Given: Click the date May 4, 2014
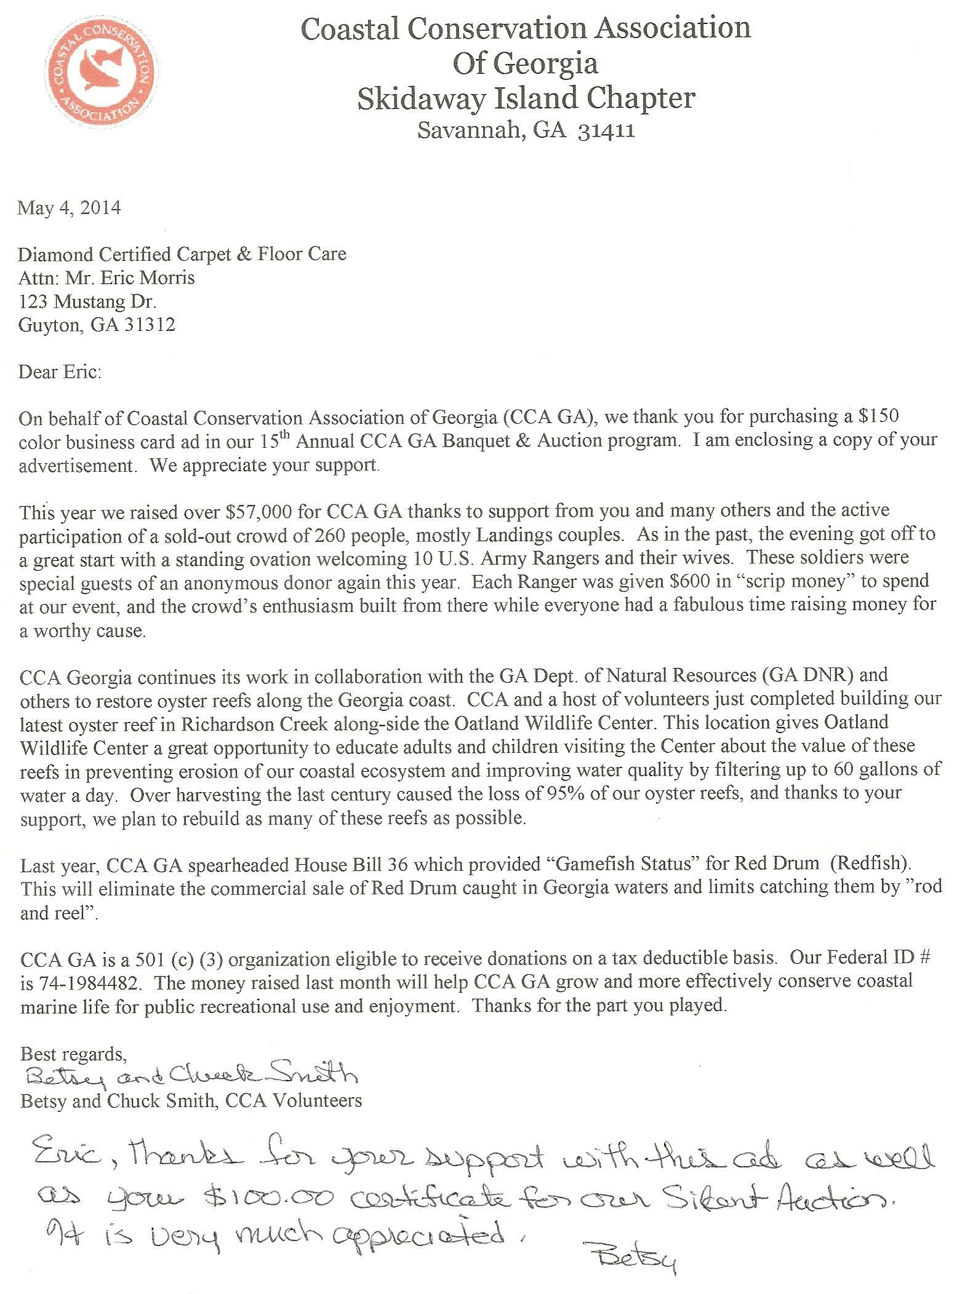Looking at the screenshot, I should coord(69,207).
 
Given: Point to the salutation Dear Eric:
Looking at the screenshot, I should coord(60,372).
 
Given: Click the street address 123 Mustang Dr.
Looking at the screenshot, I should coord(87,301).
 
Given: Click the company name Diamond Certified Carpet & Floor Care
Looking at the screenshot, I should coord(182,254).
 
